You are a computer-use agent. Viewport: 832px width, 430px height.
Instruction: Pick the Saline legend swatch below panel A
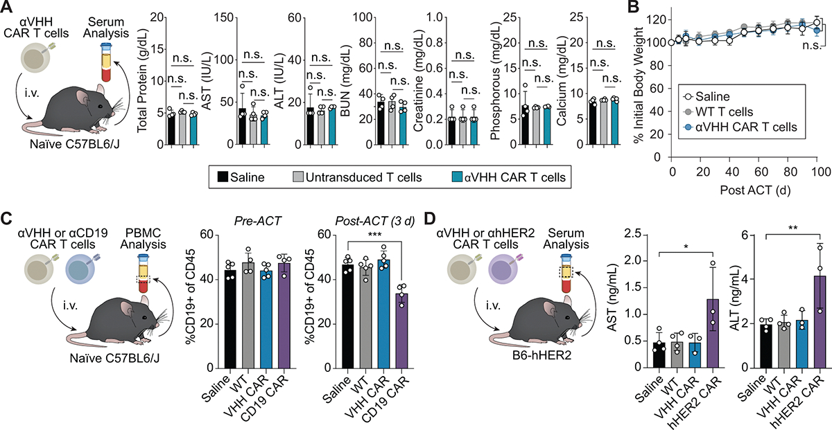222,177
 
